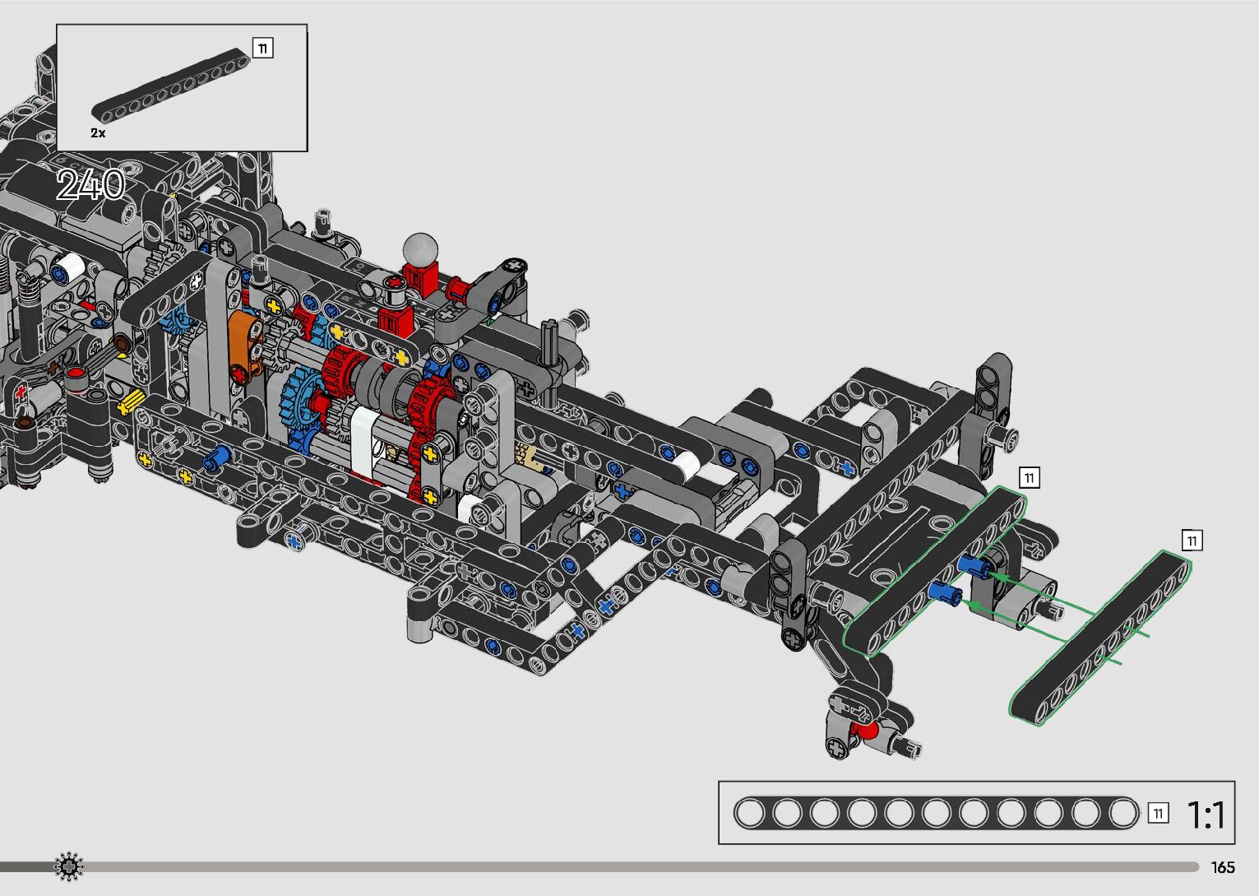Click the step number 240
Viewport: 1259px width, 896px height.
(90, 184)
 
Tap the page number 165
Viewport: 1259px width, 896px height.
(1223, 867)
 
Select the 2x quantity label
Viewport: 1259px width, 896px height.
(98, 132)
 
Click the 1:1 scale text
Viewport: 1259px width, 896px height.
(1206, 815)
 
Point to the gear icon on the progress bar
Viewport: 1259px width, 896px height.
(68, 866)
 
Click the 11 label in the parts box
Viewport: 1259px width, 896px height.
(263, 48)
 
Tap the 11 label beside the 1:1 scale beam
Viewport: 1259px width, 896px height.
(1158, 814)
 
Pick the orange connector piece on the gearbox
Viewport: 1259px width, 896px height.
(245, 347)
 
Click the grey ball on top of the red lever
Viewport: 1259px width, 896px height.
(420, 248)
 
